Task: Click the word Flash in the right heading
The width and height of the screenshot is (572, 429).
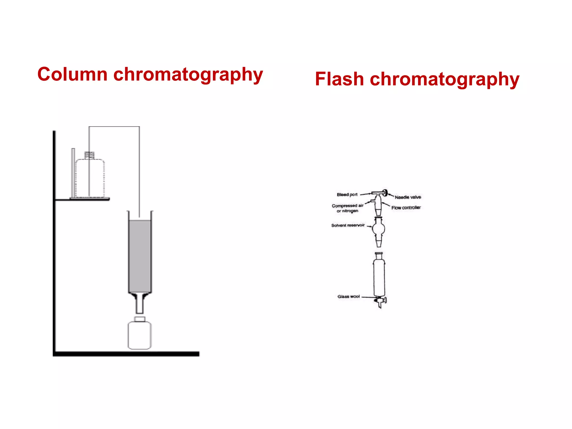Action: click(x=339, y=79)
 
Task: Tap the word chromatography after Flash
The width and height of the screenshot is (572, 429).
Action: click(x=444, y=80)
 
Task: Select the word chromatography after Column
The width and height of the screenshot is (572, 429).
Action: click(x=188, y=75)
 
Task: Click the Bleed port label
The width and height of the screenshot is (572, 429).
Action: click(x=347, y=195)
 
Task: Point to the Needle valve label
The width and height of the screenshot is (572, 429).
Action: click(x=407, y=197)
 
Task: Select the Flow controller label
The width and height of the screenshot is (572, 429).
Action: click(x=406, y=208)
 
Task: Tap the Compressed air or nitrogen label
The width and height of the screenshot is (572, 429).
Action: click(x=347, y=208)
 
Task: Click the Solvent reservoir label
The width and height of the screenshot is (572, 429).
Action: click(x=348, y=225)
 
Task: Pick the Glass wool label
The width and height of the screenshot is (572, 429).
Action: click(x=349, y=297)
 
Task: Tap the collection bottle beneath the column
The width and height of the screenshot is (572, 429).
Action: click(x=140, y=335)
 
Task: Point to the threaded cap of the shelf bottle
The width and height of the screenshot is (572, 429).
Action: click(x=90, y=155)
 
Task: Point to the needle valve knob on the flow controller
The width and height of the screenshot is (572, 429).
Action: click(x=385, y=192)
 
